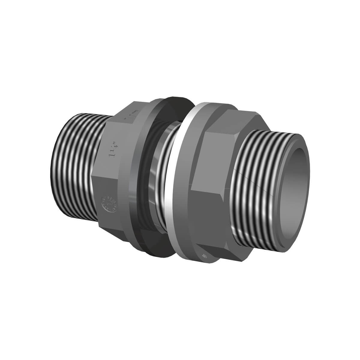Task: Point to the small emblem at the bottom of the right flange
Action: (x=205, y=256)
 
